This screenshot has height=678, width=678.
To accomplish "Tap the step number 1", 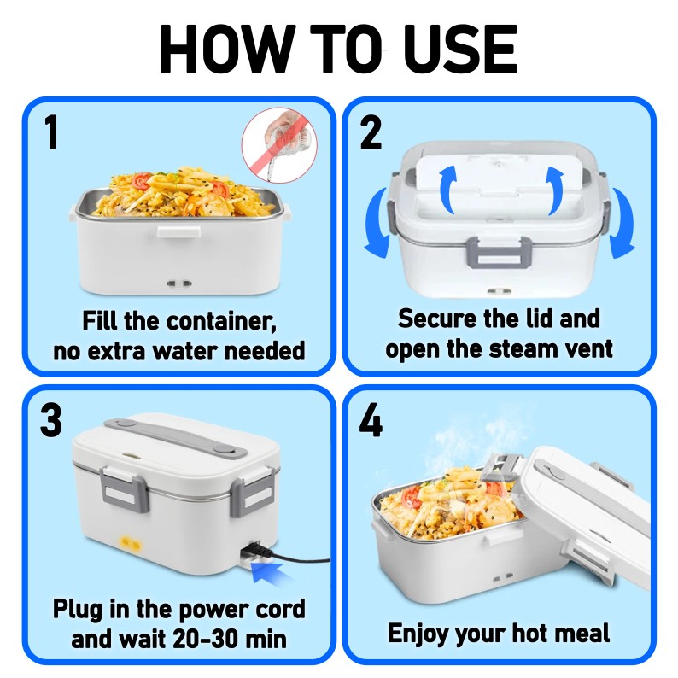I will pos(51,134).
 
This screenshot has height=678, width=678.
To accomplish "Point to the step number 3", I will pos(51,422).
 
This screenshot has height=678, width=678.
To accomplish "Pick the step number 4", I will pos(371,422).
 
